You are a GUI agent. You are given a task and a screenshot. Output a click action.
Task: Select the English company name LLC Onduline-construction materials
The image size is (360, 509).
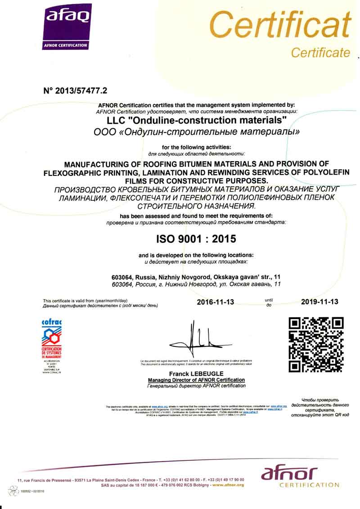[197, 121]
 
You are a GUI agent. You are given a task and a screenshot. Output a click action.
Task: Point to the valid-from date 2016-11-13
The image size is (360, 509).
[216, 302]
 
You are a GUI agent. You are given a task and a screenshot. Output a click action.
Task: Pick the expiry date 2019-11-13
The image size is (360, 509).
[319, 302]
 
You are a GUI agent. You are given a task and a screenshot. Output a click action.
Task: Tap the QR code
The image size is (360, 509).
[316, 344]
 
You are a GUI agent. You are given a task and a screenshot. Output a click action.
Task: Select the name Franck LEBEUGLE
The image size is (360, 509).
[197, 374]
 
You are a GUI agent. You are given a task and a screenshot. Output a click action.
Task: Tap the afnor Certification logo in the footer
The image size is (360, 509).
[301, 477]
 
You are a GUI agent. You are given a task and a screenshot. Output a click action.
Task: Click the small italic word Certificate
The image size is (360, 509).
[320, 53]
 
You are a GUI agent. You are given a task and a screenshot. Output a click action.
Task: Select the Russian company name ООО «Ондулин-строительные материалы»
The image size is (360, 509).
[196, 132]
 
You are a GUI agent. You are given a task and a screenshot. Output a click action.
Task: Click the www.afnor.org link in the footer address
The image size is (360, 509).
[228, 485]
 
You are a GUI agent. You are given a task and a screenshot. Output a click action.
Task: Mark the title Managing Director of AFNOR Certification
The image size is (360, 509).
[197, 380]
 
